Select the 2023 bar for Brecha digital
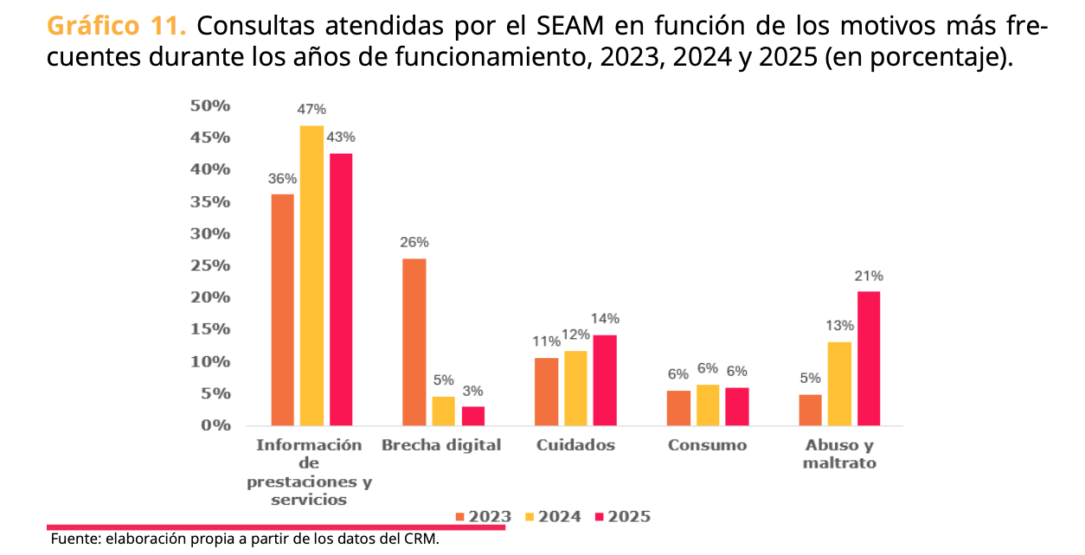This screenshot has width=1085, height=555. [x=414, y=341]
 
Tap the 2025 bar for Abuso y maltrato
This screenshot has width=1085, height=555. [x=868, y=358]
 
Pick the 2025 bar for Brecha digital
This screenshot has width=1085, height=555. [x=473, y=416]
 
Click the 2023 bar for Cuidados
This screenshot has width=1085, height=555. [x=546, y=391]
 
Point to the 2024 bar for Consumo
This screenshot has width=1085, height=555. [x=708, y=405]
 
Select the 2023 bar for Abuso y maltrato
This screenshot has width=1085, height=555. [x=810, y=410]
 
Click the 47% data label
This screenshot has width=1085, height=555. [x=311, y=110]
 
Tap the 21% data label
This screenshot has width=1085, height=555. [x=869, y=277]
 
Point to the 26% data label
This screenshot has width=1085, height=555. [x=414, y=243]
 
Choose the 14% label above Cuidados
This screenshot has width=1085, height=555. [x=606, y=319]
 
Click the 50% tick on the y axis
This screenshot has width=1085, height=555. [x=211, y=105]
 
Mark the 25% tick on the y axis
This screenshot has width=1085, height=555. [x=211, y=265]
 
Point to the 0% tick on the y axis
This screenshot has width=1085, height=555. [x=215, y=425]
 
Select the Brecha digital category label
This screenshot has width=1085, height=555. [x=441, y=445]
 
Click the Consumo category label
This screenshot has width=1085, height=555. [x=707, y=445]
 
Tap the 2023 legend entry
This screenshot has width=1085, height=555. [x=483, y=517]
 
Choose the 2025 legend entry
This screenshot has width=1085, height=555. [x=622, y=517]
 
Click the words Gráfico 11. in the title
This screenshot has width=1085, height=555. [x=116, y=27]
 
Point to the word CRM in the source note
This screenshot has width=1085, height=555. [x=421, y=539]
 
